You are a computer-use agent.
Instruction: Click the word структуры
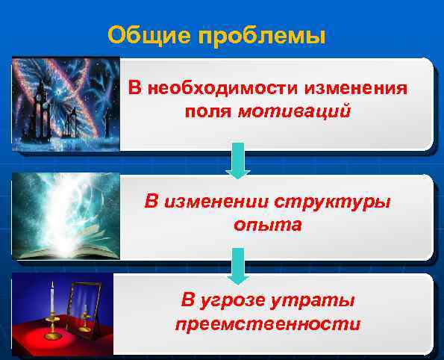pyautogui.click(x=332, y=202)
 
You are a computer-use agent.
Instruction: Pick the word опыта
pyautogui.click(x=266, y=225)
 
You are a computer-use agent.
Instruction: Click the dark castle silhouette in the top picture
pyautogui.click(x=37, y=120)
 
